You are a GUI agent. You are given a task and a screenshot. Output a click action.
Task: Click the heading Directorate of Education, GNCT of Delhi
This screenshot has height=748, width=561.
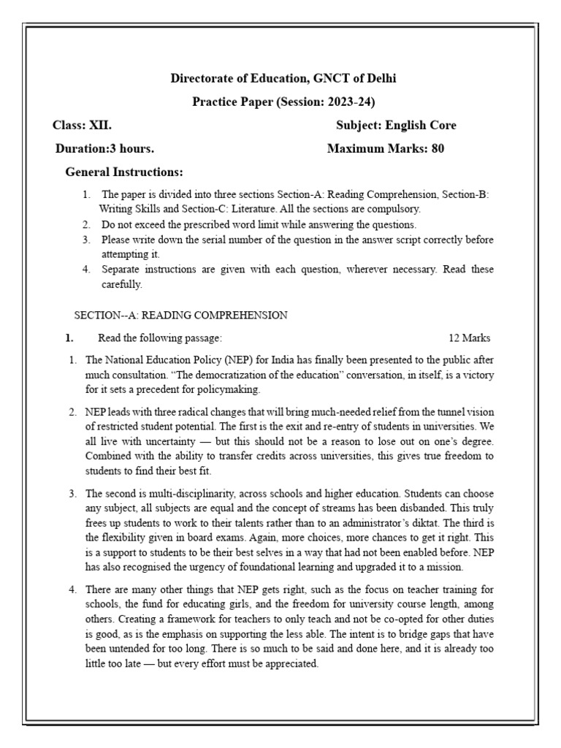click(x=283, y=78)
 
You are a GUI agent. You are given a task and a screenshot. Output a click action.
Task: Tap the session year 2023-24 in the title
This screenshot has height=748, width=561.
click(x=350, y=102)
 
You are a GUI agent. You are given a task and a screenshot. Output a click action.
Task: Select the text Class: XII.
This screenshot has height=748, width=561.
click(x=83, y=125)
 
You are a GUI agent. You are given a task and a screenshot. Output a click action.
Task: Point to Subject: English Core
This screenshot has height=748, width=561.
click(x=396, y=125)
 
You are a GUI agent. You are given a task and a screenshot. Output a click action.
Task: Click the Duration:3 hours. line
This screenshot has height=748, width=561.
click(x=105, y=148)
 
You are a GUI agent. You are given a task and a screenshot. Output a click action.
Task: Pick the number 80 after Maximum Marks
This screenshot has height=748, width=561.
click(x=438, y=148)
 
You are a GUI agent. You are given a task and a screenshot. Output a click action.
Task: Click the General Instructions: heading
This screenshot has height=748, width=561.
click(x=124, y=172)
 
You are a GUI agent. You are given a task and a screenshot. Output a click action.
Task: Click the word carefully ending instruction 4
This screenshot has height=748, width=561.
click(x=121, y=284)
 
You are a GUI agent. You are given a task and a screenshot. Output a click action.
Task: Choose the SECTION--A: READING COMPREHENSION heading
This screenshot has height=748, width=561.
click(x=181, y=315)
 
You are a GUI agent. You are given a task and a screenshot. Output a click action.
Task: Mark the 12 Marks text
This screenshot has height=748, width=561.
click(x=469, y=337)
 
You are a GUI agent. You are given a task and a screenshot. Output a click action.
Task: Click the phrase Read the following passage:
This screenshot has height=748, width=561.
click(x=160, y=337)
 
